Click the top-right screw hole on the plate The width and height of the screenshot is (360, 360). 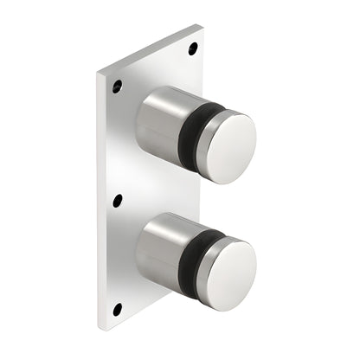coord(192,48)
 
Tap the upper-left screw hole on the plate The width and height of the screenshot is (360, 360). coord(117,87)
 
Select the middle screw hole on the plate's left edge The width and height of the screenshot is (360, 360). coord(118,201)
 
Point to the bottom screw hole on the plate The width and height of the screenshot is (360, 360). coord(117,309)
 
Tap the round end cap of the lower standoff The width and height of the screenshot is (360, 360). coord(227,269)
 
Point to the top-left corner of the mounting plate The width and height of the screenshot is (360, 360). coord(98,70)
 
